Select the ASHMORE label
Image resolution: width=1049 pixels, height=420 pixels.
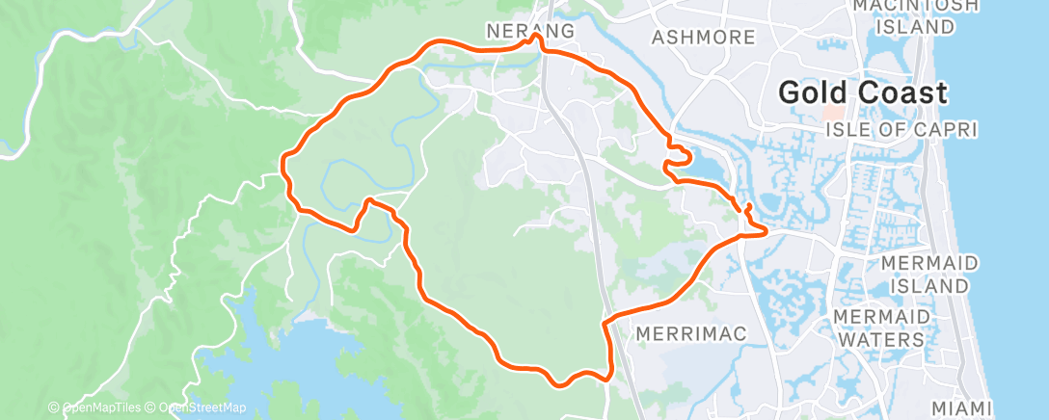point(703,38)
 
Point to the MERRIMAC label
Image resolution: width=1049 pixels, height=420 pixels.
point(692,333)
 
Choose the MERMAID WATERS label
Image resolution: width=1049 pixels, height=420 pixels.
point(880,328)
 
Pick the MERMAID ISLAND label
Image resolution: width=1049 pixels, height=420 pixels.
point(928,275)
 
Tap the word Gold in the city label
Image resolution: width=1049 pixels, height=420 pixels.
point(814,93)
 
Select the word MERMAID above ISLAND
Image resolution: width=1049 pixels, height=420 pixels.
point(928,263)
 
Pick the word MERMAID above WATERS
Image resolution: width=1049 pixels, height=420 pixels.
point(880,317)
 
